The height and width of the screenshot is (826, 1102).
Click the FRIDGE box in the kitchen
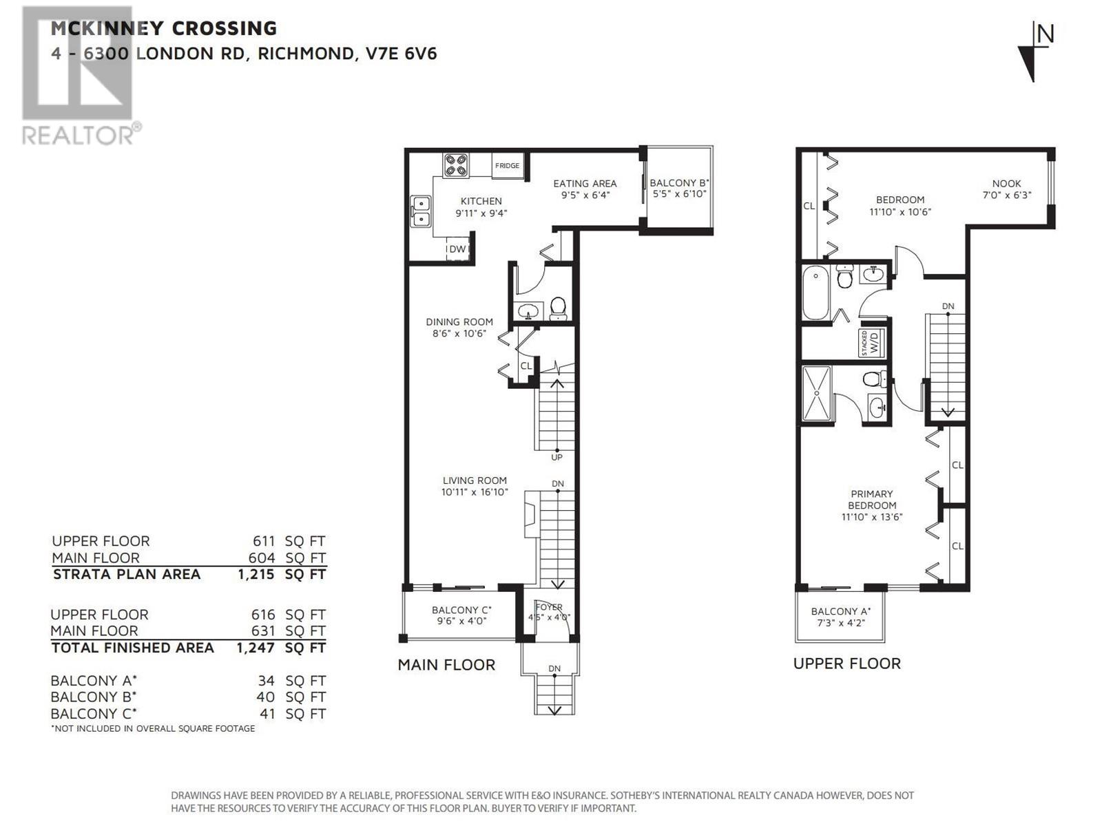508,166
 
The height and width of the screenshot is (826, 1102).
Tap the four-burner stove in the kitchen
455,165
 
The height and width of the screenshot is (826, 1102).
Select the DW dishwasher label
457,249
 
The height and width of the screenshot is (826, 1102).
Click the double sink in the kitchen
421,211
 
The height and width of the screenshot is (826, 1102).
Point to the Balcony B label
679,183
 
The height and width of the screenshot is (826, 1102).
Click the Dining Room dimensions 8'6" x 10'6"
459,334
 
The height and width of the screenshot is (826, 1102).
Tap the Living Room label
475,480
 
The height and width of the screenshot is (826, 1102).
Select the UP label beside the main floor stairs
557,457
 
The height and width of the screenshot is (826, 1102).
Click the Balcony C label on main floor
461,610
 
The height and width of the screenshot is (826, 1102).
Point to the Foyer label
549,607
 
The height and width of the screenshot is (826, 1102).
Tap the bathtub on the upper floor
816,294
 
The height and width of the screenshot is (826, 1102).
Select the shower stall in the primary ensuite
818,394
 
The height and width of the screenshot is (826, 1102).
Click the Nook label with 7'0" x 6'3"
1006,184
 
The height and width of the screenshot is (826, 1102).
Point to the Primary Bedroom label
871,500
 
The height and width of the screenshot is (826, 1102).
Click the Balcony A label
840,611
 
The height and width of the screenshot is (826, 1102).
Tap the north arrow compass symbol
1035,52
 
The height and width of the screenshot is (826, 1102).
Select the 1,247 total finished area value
256,648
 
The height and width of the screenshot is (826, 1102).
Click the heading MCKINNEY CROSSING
164,28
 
